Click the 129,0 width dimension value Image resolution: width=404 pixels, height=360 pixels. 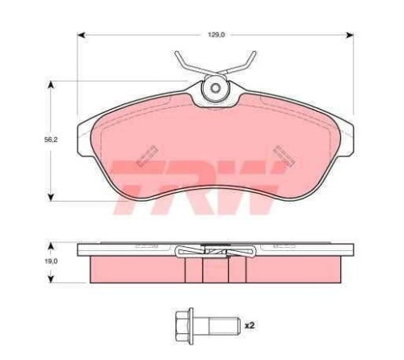tap(217, 35)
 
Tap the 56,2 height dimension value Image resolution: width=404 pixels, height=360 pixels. tap(51, 140)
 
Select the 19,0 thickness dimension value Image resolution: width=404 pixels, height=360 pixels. tap(51, 261)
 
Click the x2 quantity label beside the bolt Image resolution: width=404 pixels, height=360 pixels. tap(250, 325)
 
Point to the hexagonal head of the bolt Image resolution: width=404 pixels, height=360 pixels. tap(184, 326)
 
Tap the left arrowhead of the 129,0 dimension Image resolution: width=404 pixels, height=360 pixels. tap(82, 35)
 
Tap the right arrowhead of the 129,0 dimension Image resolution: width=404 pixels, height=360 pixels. tap(349, 35)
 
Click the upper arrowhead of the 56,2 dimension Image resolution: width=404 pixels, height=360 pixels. tap(50, 85)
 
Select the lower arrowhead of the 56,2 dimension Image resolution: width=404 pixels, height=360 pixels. tap(50, 198)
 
